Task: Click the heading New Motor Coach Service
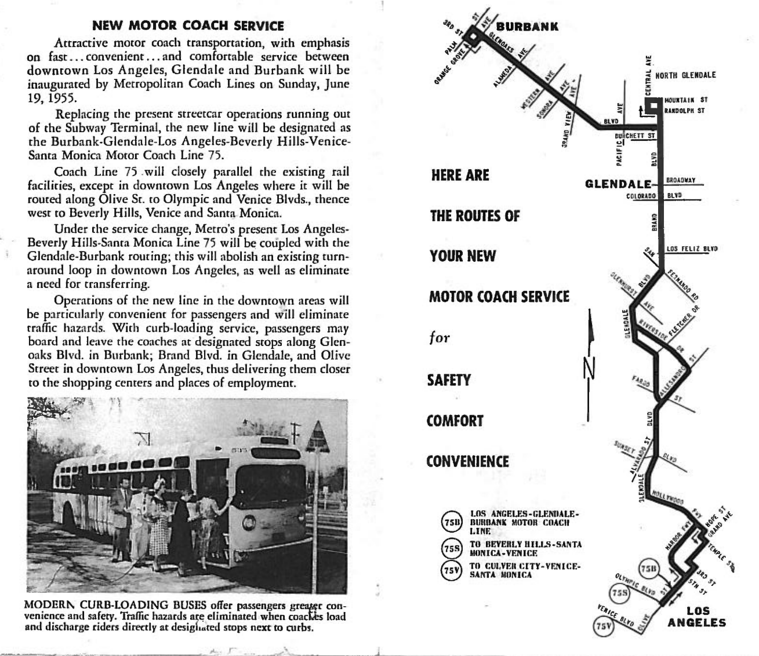pyautogui.click(x=188, y=26)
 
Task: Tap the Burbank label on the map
pyautogui.click(x=527, y=26)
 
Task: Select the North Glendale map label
pyautogui.click(x=685, y=75)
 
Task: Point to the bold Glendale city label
pyautogui.click(x=618, y=184)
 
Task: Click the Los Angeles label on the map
pyautogui.click(x=697, y=617)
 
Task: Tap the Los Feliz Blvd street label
pyautogui.click(x=692, y=249)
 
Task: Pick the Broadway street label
pyautogui.click(x=681, y=180)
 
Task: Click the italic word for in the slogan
pyautogui.click(x=439, y=337)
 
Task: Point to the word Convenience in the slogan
pyautogui.click(x=467, y=462)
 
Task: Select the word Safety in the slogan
pyautogui.click(x=449, y=380)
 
